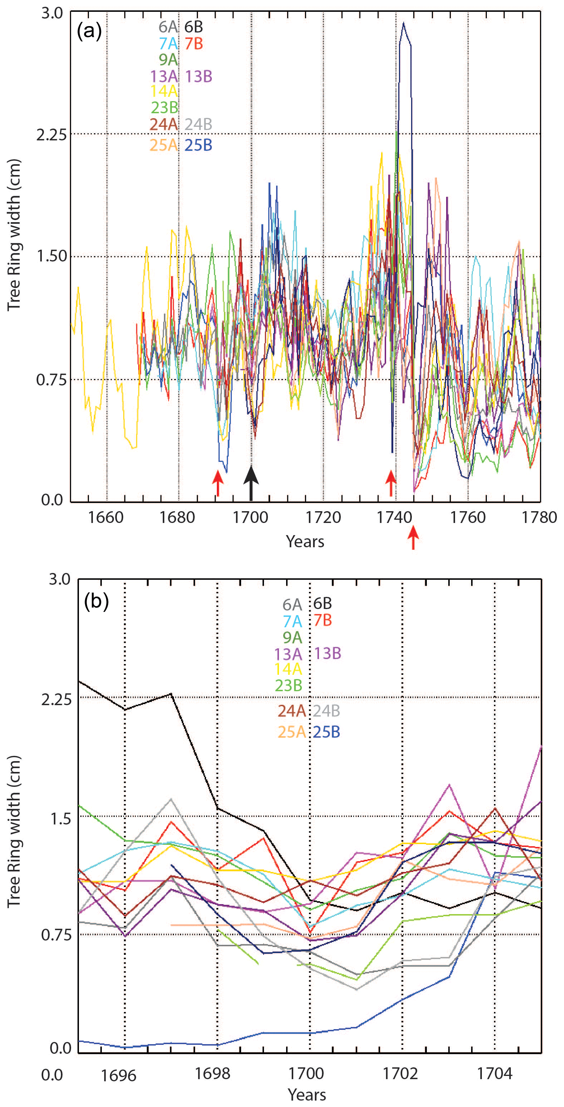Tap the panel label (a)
point(89,31)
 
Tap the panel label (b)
point(96,601)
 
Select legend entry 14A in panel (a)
point(163,91)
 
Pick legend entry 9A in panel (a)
point(168,59)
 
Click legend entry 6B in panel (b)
point(322,604)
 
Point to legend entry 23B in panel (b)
point(288,685)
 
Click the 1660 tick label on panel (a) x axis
point(106,517)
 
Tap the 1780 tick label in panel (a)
point(539,517)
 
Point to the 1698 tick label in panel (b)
point(212,1073)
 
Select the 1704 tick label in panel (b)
point(494,1073)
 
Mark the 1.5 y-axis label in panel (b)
point(61,819)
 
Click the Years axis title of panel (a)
point(305,542)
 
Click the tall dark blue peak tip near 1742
point(403,23)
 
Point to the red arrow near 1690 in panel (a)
point(218,483)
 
